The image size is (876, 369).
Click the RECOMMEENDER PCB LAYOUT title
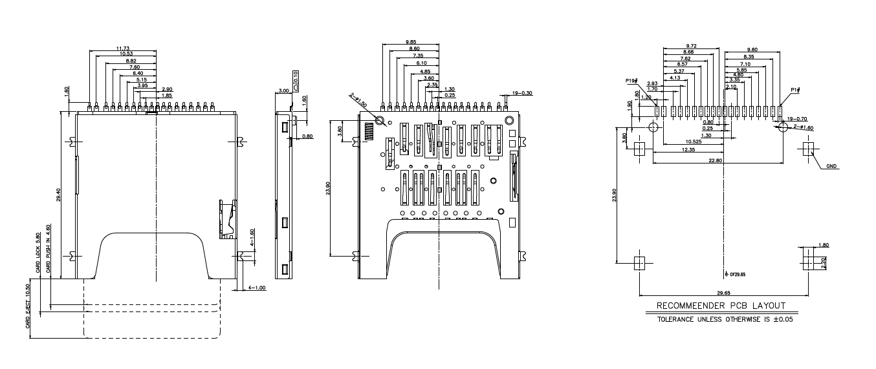pyautogui.click(x=721, y=306)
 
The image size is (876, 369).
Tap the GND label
pyautogui.click(x=831, y=166)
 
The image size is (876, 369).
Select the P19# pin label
pyautogui.click(x=631, y=81)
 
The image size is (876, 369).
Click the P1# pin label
pyautogui.click(x=795, y=90)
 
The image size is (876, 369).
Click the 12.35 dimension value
pyautogui.click(x=688, y=150)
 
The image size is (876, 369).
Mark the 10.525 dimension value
pyautogui.click(x=693, y=142)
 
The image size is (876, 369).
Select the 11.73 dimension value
pyautogui.click(x=123, y=48)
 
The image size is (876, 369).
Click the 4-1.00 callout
pyautogui.click(x=257, y=288)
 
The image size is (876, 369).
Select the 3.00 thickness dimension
pyautogui.click(x=283, y=92)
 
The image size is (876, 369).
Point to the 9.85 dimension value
pyautogui.click(x=411, y=42)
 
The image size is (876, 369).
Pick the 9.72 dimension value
pyautogui.click(x=691, y=46)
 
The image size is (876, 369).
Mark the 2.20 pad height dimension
pyautogui.click(x=824, y=264)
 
